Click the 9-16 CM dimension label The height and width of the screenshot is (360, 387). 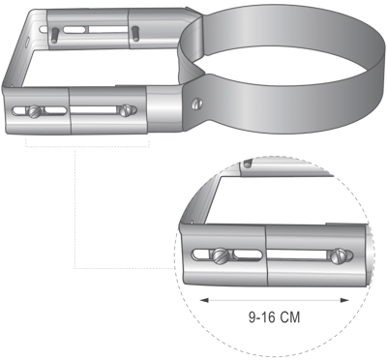pos(274,317)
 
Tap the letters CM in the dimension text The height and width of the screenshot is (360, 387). pos(289,317)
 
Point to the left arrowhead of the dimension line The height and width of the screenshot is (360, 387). pos(204,301)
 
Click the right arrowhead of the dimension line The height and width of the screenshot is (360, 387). pos(344,301)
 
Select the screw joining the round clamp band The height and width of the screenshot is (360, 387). pos(197,104)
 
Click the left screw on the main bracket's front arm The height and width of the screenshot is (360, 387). pos(35,111)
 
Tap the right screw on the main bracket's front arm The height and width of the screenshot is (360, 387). pos(126,110)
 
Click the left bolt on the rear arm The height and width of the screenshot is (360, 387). pos(55,35)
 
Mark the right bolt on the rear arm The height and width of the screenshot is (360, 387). pos(135,34)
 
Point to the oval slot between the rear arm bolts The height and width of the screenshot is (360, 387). pos(74,30)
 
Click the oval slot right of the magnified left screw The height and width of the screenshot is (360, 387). pos(248,255)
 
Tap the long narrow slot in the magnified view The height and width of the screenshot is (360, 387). pos(298,255)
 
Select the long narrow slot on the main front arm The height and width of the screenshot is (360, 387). pos(95,110)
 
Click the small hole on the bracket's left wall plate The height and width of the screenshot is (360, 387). pos(28,43)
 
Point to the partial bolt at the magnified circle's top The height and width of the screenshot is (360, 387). pos(248,164)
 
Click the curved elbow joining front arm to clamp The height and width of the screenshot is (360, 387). pos(165,108)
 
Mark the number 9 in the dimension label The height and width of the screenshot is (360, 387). pos(253,317)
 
